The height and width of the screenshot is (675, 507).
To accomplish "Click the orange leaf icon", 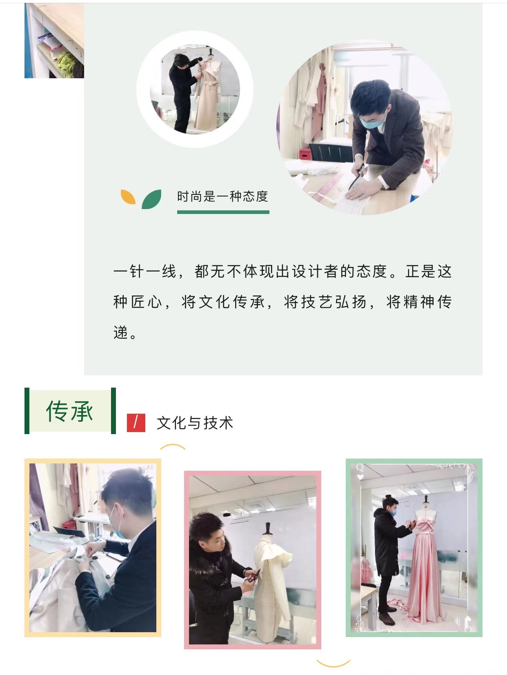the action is (x=128, y=197).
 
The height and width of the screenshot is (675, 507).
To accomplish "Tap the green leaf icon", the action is (x=151, y=199).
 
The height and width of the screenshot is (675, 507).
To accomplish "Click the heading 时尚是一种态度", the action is (x=222, y=196).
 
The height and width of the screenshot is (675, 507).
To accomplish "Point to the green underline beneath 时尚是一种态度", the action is (x=223, y=212).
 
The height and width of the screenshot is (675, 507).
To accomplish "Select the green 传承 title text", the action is (x=69, y=411).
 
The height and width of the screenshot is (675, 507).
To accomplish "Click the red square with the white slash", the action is (x=136, y=423).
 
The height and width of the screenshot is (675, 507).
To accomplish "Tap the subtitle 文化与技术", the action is (x=195, y=423).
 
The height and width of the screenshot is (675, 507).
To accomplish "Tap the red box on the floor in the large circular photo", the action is (x=305, y=153).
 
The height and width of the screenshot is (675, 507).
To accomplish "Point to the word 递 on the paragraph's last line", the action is (x=120, y=333).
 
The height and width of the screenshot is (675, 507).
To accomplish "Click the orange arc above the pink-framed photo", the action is (x=173, y=446).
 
